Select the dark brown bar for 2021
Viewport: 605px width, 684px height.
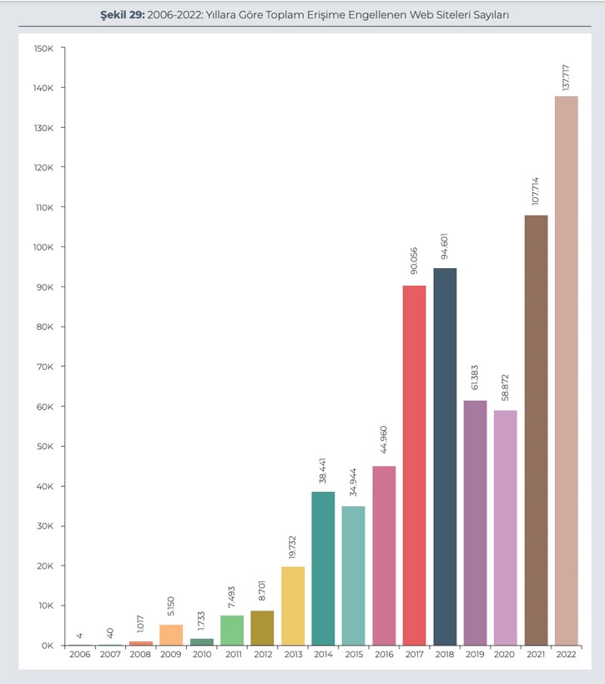(536, 430)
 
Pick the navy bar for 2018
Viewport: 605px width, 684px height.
(445, 456)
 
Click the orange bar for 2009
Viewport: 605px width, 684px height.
(171, 635)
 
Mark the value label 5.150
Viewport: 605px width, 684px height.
(171, 606)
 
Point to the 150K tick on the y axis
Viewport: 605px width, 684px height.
(44, 48)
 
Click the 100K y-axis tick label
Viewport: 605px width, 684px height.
(44, 247)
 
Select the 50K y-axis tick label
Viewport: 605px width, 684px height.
(44, 447)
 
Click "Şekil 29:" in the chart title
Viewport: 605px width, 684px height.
(120, 15)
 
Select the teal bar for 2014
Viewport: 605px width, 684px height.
(323, 568)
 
